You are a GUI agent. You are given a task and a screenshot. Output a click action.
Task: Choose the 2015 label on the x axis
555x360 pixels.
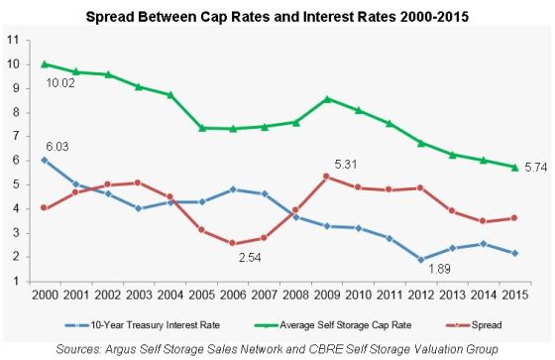click(x=512, y=296)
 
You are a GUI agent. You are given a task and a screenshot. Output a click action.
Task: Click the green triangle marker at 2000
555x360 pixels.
click(x=44, y=63)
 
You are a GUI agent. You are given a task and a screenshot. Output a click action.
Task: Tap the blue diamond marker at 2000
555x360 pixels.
click(x=44, y=160)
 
